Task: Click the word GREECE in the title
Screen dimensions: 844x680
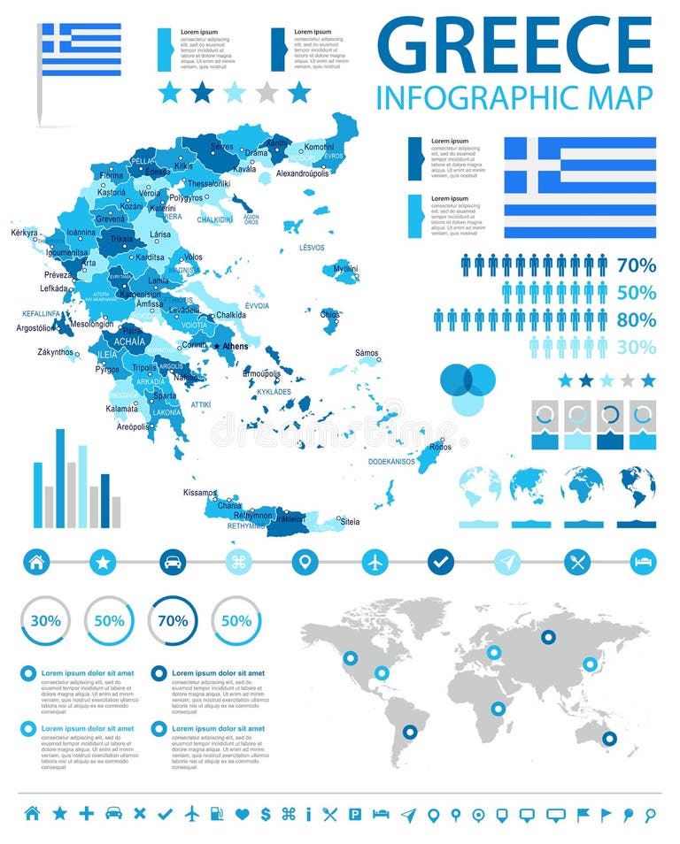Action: tap(514, 44)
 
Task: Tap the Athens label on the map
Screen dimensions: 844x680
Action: tap(236, 346)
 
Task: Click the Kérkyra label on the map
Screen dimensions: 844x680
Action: tap(25, 233)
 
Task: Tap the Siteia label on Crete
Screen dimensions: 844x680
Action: tap(351, 521)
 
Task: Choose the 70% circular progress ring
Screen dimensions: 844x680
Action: tap(173, 620)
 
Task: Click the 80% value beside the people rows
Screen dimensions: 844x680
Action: tap(637, 319)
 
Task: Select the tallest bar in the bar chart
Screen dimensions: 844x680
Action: tap(60, 479)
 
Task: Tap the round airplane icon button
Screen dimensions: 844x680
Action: tap(375, 561)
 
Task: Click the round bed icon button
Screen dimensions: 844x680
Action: tap(644, 561)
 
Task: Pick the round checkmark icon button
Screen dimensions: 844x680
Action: tap(440, 561)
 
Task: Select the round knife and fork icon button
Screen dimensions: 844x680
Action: tap(577, 561)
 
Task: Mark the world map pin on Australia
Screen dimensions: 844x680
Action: tap(608, 738)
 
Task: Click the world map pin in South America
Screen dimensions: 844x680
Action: tap(409, 732)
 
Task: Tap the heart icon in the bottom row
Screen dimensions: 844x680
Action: tap(242, 814)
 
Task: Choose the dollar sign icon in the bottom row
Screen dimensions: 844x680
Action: tap(265, 814)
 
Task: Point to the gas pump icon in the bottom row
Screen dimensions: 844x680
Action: tap(217, 814)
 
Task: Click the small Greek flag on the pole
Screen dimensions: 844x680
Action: tap(81, 49)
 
